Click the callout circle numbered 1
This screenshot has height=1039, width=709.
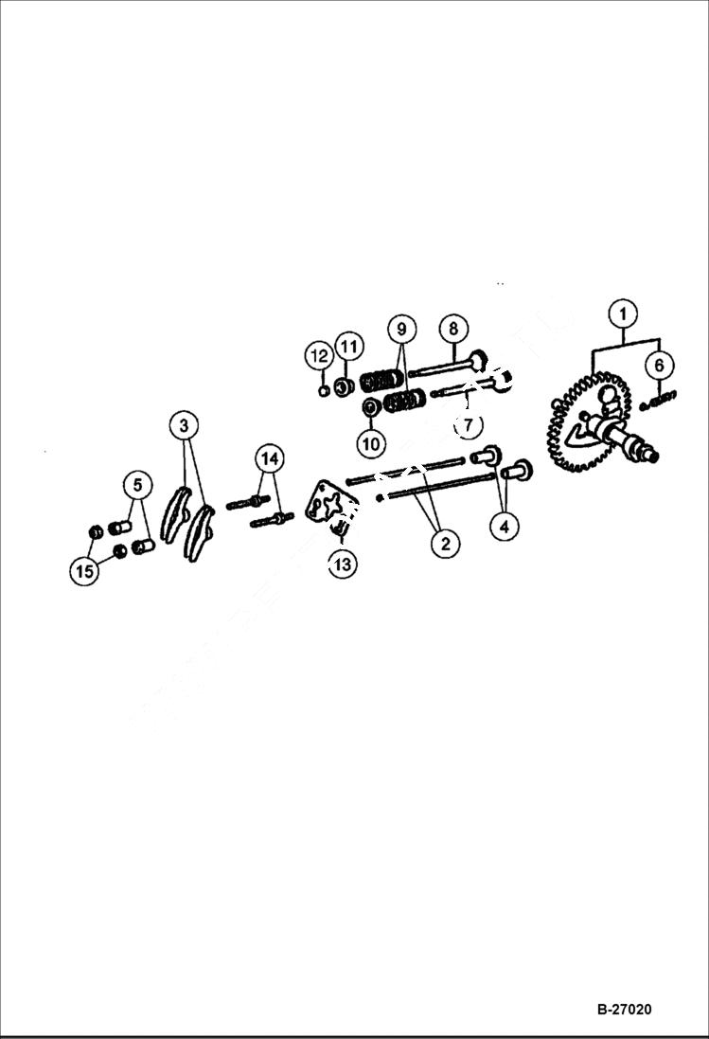pos(622,313)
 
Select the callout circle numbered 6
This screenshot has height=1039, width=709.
pos(661,365)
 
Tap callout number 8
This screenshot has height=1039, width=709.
pos(453,329)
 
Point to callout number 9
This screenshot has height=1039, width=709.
pos(401,329)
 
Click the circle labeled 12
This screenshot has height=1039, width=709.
pos(318,356)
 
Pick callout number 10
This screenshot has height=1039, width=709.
pos(370,441)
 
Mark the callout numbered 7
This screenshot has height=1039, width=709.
pos(467,425)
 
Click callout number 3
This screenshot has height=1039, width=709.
pos(184,426)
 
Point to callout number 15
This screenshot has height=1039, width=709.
pos(83,570)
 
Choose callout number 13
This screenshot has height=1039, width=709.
pos(342,564)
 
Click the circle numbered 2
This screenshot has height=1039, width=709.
pos(444,543)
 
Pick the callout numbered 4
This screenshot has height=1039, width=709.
pos(505,526)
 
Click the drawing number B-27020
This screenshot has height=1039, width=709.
pos(624,1009)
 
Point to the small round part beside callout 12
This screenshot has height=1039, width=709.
pos(325,388)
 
